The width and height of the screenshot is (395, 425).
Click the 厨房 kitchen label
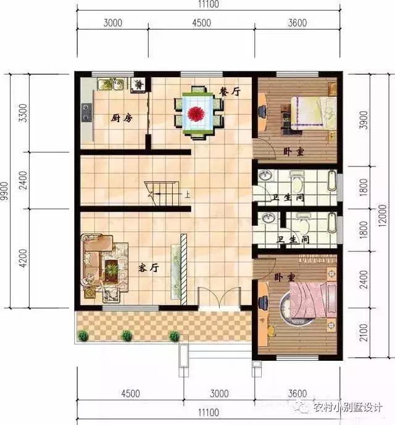[121, 118]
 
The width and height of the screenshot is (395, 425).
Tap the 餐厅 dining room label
[229, 92]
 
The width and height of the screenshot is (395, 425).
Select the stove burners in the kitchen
[86, 112]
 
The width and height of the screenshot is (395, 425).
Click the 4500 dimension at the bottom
[130, 394]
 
